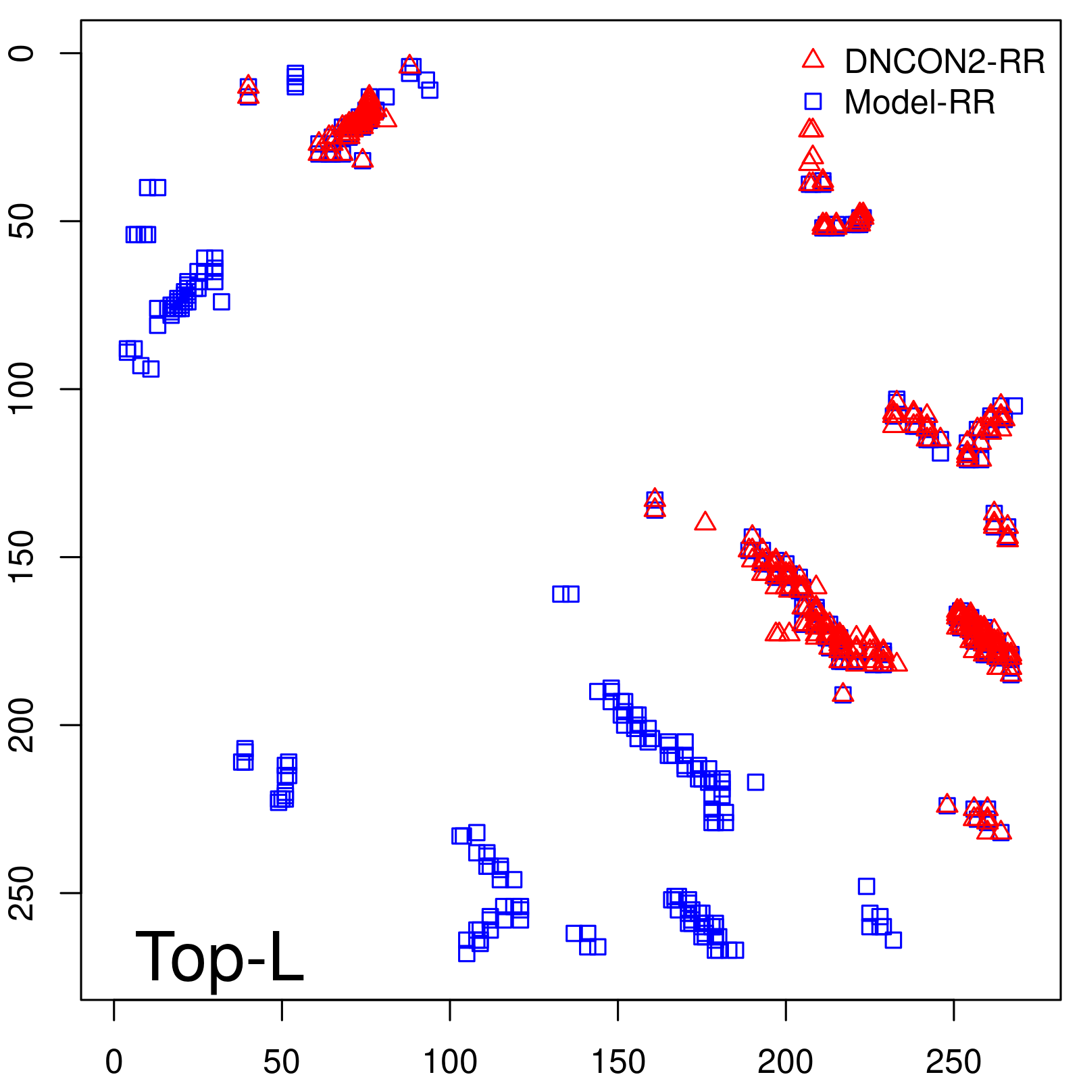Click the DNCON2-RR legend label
coord(945,61)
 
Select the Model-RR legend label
coord(920,103)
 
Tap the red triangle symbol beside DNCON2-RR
coord(813,59)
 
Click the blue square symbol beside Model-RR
coord(813,102)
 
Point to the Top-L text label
coord(220,957)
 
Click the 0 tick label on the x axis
coord(114,1062)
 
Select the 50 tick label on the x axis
coord(282,1062)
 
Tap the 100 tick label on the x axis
coord(450,1062)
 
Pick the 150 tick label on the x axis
coord(618,1062)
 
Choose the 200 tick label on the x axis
coord(786,1062)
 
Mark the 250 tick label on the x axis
coord(953,1062)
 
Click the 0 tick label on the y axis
coord(23,53)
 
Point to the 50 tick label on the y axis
coord(23,221)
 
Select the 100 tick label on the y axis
coord(23,389)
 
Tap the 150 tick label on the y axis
coord(23,557)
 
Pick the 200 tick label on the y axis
coord(23,725)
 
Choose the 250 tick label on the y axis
coord(23,893)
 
